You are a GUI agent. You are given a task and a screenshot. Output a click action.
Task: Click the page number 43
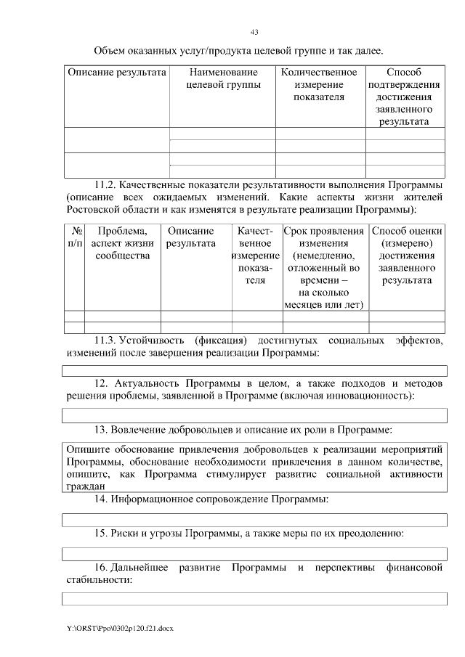pyautogui.click(x=254, y=32)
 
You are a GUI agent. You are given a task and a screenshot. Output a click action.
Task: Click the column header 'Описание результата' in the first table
pyautogui.click(x=117, y=73)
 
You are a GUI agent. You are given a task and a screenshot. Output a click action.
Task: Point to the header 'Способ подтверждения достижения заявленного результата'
pyautogui.click(x=404, y=97)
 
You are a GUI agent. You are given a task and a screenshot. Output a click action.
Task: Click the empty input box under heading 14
pyautogui.click(x=254, y=518)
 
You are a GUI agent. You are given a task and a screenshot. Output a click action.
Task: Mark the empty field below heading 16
pyautogui.click(x=254, y=598)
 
